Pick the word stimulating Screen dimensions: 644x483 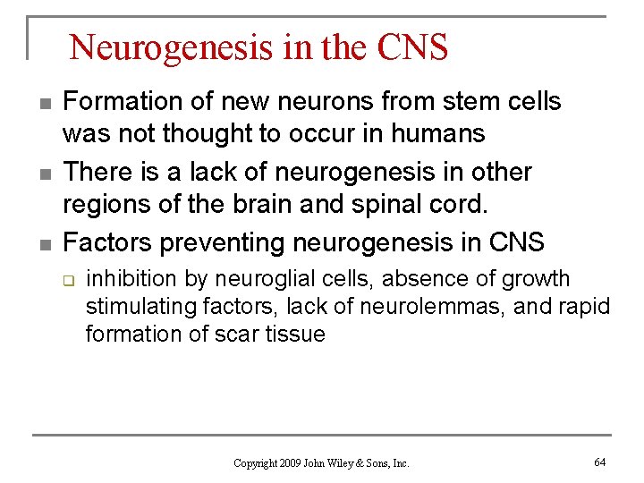[x=136, y=307]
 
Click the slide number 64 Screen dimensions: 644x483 [x=599, y=462]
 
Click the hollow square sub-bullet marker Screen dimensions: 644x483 [x=67, y=279]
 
